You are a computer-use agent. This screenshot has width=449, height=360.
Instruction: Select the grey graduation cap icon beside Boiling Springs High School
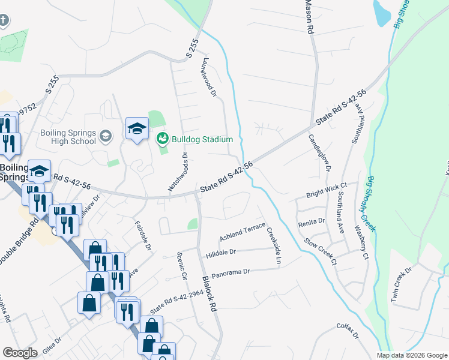click(x=106, y=136)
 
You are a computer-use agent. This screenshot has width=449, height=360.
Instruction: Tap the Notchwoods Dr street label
click(x=178, y=172)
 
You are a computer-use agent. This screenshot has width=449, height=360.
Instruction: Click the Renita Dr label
click(x=312, y=222)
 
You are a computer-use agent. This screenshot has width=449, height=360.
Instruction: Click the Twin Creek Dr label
click(x=402, y=284)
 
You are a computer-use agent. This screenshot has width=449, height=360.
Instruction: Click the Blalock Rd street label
click(x=208, y=293)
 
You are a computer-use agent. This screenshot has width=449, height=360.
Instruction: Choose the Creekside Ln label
click(x=274, y=246)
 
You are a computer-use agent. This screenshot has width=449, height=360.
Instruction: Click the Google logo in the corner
click(x=20, y=353)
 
